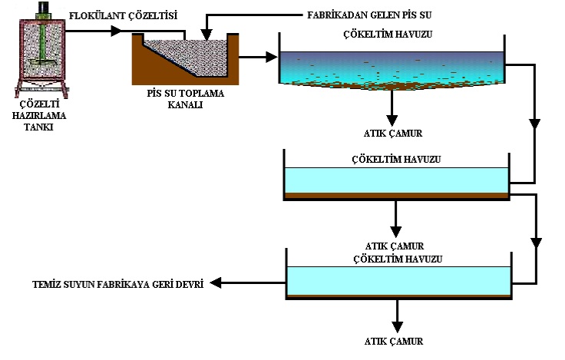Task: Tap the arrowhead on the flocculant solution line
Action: tap(116, 31)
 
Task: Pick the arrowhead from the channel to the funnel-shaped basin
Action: tap(270, 57)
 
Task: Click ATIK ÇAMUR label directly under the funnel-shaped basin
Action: tap(392, 133)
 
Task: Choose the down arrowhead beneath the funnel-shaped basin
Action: tap(392, 120)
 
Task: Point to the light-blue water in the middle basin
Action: tap(396, 181)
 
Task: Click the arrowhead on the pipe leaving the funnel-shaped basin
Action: tap(534, 123)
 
